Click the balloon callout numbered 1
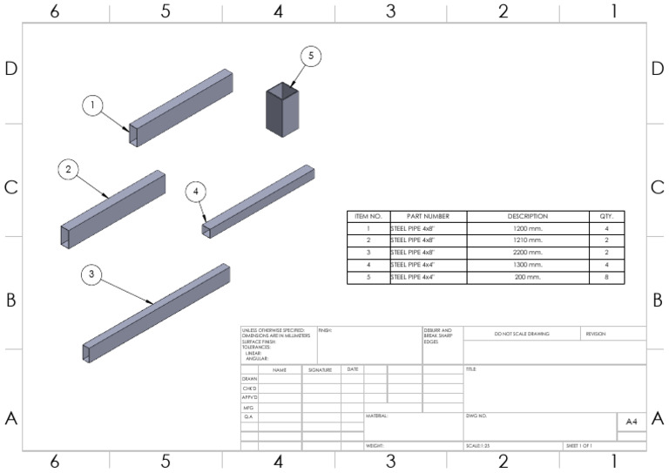point(93,105)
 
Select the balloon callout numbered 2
point(70,170)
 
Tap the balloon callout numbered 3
point(93,274)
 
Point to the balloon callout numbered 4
point(196,191)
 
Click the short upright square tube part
point(283,109)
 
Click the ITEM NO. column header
point(368,216)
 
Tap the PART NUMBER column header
point(428,216)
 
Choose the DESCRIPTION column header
point(527,216)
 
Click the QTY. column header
point(606,216)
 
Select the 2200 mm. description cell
point(527,253)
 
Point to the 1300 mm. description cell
point(527,265)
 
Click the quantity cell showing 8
point(606,277)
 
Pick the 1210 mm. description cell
point(527,240)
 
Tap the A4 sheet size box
point(631,422)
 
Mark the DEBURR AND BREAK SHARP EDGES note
point(438,336)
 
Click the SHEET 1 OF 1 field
point(580,446)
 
